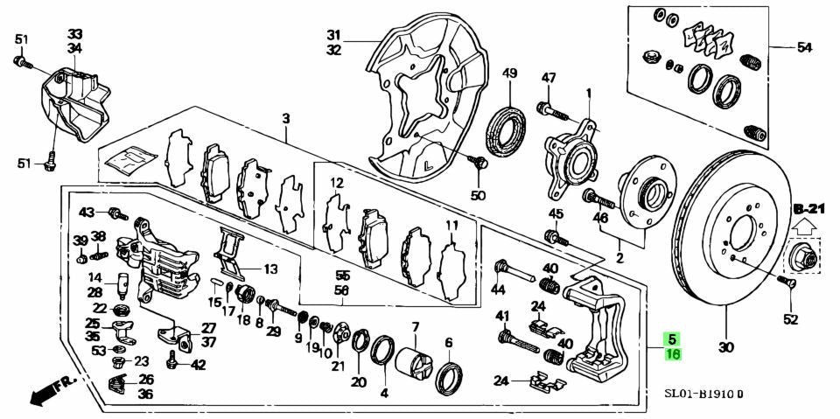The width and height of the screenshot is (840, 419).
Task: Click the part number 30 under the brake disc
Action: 726,347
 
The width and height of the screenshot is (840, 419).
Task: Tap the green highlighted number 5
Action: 671,339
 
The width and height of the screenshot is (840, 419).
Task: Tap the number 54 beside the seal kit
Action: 804,46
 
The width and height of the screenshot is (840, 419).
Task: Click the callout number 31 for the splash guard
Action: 333,34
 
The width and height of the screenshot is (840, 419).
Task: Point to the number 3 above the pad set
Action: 285,118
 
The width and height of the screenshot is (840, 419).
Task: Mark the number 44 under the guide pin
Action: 498,290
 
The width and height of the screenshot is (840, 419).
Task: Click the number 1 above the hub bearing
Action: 589,93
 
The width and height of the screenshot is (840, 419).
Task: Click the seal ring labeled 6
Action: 449,375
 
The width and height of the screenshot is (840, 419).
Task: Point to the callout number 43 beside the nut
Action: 87,213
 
